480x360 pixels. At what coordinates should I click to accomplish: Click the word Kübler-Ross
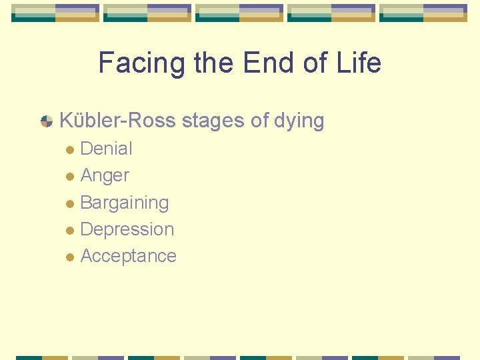(117, 121)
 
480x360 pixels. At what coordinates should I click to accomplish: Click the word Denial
(106, 149)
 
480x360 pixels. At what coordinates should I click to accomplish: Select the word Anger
(105, 176)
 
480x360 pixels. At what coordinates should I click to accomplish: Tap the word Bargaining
(124, 203)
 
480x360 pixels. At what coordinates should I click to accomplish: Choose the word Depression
(127, 229)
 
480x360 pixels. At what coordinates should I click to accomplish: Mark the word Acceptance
(128, 256)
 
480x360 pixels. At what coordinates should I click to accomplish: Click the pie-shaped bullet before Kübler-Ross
(47, 121)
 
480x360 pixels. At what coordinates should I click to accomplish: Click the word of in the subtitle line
(259, 121)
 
